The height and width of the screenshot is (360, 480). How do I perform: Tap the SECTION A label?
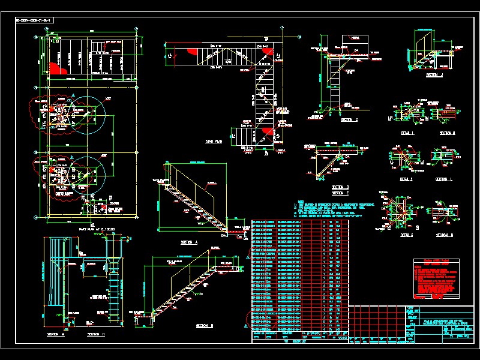189,242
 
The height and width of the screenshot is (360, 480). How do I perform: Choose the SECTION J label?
433,76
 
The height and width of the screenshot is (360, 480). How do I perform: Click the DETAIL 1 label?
407,133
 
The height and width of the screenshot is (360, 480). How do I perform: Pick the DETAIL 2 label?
407,179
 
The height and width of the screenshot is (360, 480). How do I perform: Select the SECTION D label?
340,187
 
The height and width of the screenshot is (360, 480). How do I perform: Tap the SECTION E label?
340,193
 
